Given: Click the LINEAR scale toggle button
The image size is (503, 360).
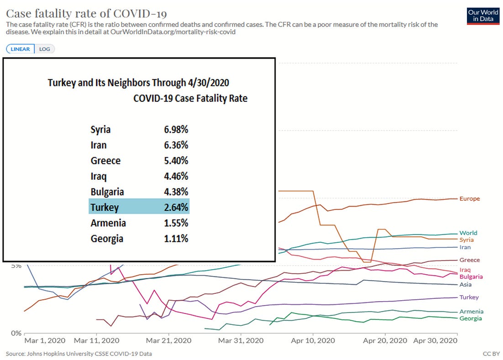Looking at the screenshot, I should (20, 49).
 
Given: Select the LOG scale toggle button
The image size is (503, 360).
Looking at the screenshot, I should (45, 49).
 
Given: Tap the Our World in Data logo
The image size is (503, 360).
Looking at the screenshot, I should (483, 16).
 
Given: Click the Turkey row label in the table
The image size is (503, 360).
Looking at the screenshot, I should (105, 208).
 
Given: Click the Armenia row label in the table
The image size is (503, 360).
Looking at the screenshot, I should (108, 223).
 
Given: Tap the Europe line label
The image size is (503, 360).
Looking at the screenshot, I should (470, 199).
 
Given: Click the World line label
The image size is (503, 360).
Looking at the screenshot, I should (468, 233).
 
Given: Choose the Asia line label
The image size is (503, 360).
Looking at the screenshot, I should (466, 285).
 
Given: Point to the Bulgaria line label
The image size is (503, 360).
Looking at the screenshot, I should (471, 277).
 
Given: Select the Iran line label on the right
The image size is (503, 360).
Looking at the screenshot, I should (465, 247).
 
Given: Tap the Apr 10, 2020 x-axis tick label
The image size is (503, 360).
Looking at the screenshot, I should (313, 341).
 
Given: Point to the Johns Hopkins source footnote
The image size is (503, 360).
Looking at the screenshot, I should (79, 354).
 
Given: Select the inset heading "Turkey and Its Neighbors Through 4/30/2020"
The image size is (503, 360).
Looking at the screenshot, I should (139, 83).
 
